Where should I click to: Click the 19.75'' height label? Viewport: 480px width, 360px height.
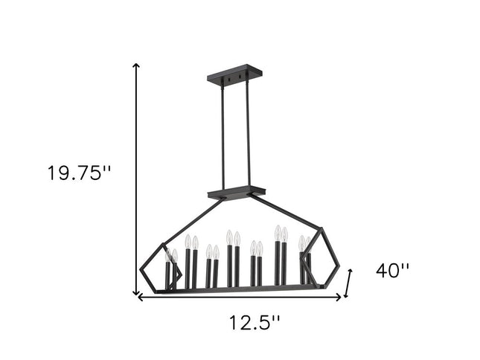pos(79,174)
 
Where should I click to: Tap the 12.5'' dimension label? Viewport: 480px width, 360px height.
pos(253,323)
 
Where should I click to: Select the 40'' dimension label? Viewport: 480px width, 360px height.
pos(392,271)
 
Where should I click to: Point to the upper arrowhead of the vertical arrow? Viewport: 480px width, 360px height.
pos(136,67)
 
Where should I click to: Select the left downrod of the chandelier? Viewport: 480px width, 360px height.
pos(222,134)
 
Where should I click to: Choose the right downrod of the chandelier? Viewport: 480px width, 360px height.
pos(245,134)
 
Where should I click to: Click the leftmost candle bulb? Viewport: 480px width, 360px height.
pos(168,254)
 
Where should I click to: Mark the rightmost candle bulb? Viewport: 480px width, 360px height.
pos(308,243)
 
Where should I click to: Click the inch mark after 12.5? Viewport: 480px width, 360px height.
pos(277,318)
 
